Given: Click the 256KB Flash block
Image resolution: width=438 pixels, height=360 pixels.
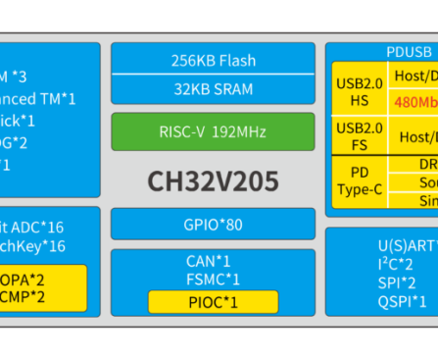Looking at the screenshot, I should (x=213, y=60).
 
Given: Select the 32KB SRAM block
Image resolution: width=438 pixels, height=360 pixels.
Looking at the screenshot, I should (x=213, y=89).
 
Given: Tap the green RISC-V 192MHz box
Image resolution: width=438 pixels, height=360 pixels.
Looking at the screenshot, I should (x=213, y=132).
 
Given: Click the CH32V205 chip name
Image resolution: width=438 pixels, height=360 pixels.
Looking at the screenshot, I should (x=213, y=181).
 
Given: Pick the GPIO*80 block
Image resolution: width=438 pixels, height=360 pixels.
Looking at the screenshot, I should (x=213, y=224).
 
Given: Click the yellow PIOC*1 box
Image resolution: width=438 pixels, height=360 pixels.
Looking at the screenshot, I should (x=213, y=301).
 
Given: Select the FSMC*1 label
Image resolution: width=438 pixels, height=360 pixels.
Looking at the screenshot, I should (x=213, y=280).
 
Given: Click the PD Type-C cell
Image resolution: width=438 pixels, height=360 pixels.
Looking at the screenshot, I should (x=360, y=182).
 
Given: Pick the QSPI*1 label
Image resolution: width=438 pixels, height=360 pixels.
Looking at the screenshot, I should (x=402, y=301).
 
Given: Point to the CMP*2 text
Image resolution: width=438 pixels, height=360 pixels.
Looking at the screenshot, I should (x=24, y=296).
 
